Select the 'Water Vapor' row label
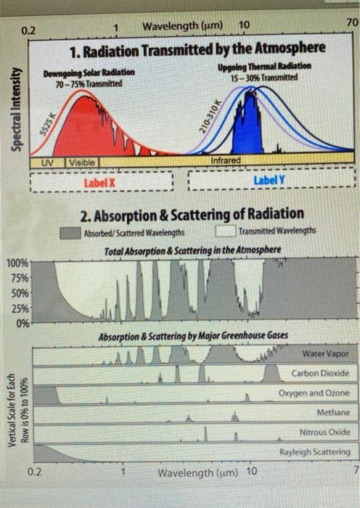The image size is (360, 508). pyautogui.click(x=324, y=353)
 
